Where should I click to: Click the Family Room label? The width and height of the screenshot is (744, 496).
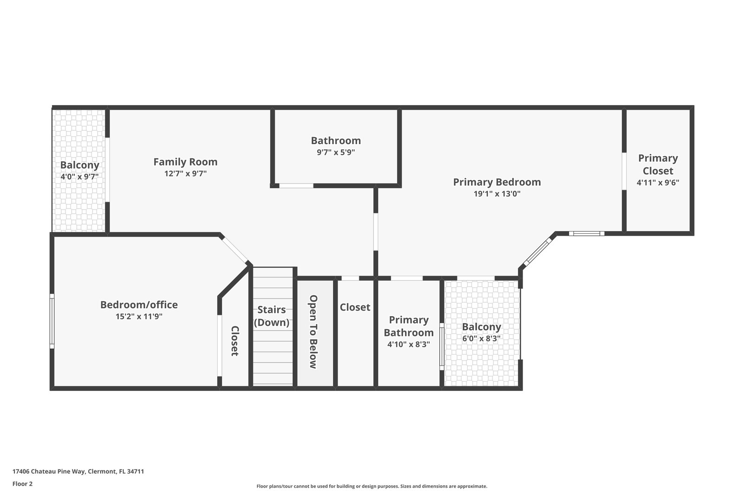tap(185, 162)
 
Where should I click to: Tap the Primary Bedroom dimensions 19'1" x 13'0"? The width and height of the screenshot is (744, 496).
tap(497, 194)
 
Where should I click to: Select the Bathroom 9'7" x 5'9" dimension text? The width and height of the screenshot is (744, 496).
tap(336, 152)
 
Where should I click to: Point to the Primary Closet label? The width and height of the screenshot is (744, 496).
tap(658, 164)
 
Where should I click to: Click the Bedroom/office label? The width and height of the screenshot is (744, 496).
tap(139, 305)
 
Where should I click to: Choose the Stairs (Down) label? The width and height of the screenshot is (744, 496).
tap(272, 316)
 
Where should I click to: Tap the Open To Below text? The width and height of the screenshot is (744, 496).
tap(313, 331)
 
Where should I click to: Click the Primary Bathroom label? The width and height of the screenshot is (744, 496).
tap(408, 326)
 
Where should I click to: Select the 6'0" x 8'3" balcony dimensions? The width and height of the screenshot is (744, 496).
tap(481, 339)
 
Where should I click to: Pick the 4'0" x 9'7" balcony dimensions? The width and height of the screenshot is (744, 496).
tap(80, 177)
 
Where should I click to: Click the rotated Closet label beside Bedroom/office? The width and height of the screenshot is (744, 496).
tap(235, 341)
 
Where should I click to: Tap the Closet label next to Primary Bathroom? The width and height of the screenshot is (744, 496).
tap(355, 307)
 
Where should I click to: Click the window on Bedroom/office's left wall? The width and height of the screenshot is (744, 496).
tap(52, 321)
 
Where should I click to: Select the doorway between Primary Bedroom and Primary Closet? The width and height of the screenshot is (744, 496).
tap(624, 171)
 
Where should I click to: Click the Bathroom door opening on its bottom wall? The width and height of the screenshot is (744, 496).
tap(296, 186)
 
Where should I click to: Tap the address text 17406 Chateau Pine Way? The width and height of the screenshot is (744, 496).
tap(78, 471)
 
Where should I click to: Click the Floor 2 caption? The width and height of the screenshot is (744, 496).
tap(22, 483)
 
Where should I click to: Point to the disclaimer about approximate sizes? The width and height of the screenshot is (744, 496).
tap(372, 486)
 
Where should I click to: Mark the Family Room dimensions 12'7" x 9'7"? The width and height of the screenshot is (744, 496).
tap(185, 173)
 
